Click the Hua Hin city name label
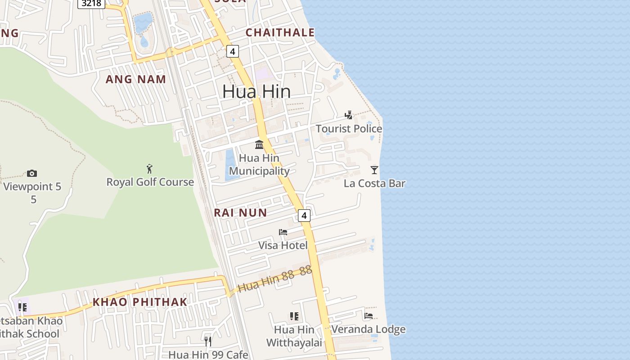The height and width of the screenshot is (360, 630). click(256, 91)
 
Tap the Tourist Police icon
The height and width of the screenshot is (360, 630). click(348, 115)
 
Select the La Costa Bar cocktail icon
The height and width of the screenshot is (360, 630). click(374, 170)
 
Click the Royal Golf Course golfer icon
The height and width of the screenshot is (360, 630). click(149, 169)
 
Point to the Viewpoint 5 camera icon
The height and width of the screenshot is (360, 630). click(31, 173)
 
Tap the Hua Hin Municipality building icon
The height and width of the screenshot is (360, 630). click(259, 144)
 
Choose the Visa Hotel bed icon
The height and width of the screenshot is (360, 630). click(283, 232)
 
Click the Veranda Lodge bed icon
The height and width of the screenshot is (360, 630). click(369, 315)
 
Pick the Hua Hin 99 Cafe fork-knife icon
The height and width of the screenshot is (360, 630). click(208, 342)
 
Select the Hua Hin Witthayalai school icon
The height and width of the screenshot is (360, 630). click(294, 316)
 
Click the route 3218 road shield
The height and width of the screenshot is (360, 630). click(91, 4)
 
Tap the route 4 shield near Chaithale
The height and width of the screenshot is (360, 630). click(232, 51)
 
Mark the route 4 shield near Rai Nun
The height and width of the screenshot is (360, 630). click(304, 216)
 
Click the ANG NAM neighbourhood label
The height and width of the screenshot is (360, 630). click(136, 80)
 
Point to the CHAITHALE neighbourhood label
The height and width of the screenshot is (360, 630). click(280, 32)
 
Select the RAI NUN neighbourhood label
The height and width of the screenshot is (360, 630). click(240, 212)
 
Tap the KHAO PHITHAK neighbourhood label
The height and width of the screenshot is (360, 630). click(139, 302)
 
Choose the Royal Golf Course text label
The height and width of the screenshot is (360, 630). click(150, 182)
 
